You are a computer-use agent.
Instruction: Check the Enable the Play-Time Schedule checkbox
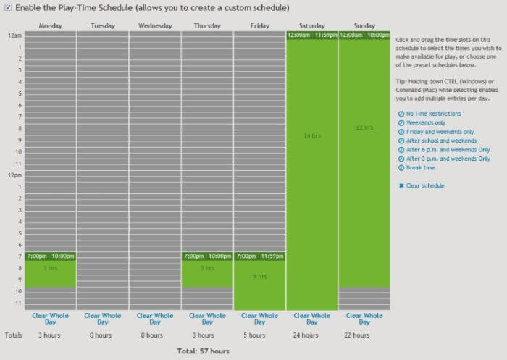tap(8, 8)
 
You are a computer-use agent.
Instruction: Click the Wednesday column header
tap(155, 26)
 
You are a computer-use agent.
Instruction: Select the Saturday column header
tap(311, 26)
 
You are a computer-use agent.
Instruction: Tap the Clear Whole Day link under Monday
tap(50, 319)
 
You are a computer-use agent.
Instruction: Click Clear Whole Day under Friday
tap(259, 319)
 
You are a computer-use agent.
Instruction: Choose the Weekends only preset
tap(426, 122)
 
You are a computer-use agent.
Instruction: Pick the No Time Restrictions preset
tap(433, 114)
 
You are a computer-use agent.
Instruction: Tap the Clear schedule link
tap(425, 186)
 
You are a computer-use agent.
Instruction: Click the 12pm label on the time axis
tap(14, 175)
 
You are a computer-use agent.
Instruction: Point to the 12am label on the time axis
tap(14, 35)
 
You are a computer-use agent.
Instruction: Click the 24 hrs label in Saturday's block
tap(311, 136)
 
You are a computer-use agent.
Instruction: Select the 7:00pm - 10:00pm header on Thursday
tap(207, 256)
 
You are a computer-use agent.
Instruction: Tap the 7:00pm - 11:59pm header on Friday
tap(259, 256)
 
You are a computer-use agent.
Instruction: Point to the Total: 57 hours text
tap(203, 351)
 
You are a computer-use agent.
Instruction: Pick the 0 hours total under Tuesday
tap(102, 335)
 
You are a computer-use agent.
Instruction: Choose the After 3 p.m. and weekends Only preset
tap(448, 159)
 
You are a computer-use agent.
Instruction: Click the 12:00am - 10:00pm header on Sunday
tap(364, 35)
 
